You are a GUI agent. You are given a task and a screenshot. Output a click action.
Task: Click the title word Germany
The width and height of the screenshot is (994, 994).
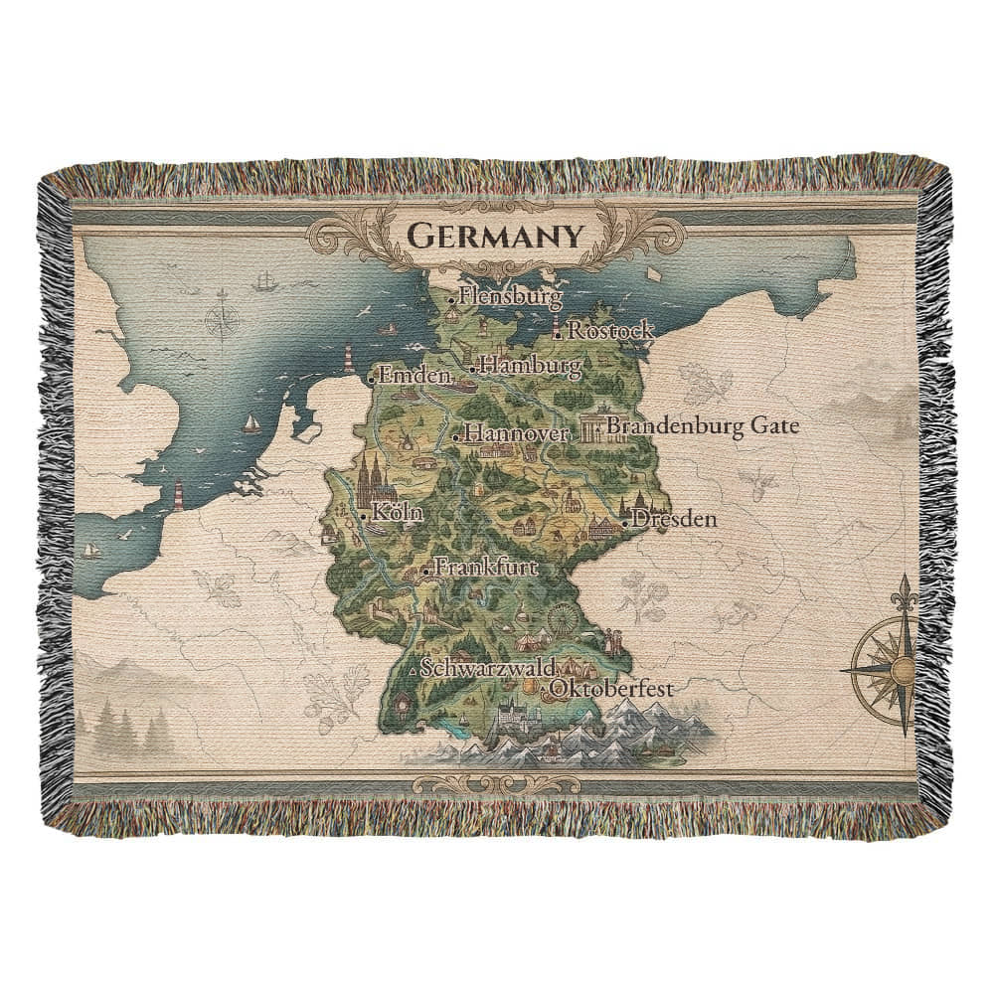[x=493, y=237]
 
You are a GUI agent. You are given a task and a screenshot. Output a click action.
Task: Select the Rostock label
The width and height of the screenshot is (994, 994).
[x=610, y=331]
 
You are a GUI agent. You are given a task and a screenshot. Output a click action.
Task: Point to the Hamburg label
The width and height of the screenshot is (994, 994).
[x=531, y=367]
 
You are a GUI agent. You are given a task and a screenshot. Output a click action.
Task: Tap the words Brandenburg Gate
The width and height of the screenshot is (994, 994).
[x=703, y=426]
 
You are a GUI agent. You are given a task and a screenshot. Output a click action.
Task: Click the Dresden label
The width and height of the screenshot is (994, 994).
[x=674, y=518]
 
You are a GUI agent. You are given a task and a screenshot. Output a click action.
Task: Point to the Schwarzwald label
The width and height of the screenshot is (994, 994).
[x=487, y=668]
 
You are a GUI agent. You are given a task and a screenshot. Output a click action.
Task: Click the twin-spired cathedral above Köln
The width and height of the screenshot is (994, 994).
[x=376, y=479]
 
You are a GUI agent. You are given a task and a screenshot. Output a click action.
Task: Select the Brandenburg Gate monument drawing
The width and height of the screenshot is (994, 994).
[x=593, y=428]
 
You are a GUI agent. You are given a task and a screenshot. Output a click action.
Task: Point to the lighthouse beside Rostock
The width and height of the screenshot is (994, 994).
[x=558, y=329]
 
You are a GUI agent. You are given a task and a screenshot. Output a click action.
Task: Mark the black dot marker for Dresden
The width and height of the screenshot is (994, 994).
[x=624, y=521]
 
